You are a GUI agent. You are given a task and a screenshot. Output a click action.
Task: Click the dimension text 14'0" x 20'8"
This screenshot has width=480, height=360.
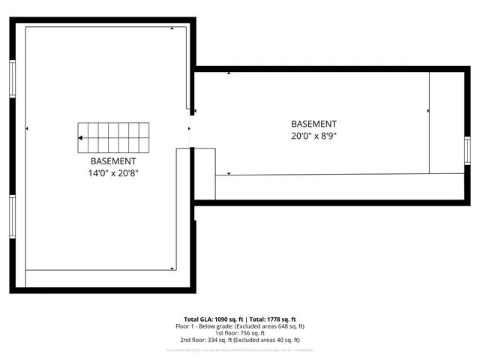(113, 173)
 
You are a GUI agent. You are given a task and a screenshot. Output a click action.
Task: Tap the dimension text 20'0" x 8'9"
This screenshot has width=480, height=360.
(314, 136)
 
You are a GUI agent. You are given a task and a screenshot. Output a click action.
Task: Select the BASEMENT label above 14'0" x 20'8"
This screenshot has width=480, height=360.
(113, 161)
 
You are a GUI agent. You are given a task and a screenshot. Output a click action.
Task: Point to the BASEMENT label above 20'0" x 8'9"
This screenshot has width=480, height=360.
(314, 124)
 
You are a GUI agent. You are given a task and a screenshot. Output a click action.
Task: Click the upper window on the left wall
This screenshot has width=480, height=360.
(12, 78)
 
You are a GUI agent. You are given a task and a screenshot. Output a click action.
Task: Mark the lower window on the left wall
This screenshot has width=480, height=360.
(12, 217)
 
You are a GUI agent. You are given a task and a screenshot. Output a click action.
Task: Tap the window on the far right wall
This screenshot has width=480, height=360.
(467, 151)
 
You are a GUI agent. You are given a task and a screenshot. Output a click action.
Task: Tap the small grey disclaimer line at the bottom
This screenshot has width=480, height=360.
(239, 349)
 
